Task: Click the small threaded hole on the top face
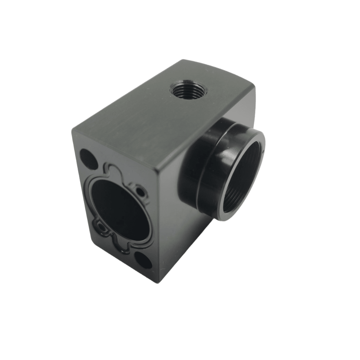click(180, 89)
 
